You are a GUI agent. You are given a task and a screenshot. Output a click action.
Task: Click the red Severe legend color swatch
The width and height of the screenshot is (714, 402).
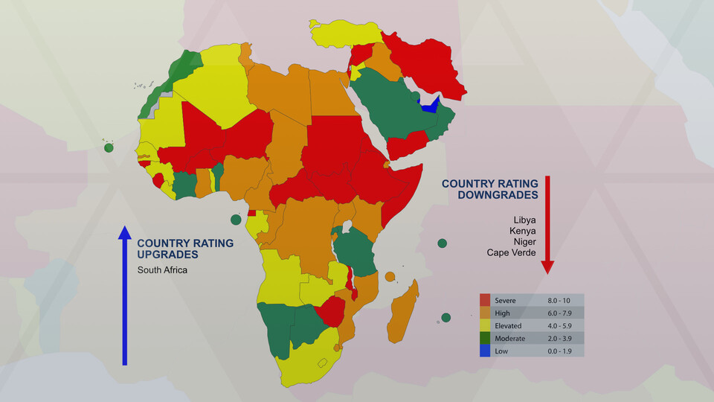pyautogui.click(x=485, y=301)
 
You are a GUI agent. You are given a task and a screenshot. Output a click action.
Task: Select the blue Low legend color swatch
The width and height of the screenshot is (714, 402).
pyautogui.click(x=485, y=351)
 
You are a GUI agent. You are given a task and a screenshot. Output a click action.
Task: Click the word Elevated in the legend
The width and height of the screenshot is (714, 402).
pyautogui.click(x=508, y=326)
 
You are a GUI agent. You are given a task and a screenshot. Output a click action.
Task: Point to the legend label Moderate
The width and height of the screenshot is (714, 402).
pyautogui.click(x=509, y=339)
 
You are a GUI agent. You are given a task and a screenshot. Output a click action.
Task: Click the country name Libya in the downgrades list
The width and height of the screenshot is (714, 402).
pyautogui.click(x=524, y=220)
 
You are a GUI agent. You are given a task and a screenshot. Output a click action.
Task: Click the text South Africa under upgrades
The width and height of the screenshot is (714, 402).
pyautogui.click(x=162, y=269)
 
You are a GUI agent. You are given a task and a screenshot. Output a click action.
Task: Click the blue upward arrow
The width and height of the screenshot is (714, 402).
pyautogui.click(x=125, y=298)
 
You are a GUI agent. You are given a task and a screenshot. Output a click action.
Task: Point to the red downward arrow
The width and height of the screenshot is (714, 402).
pyautogui.click(x=547, y=223)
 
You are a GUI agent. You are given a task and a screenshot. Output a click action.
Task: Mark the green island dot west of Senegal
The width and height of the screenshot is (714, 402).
pyautogui.click(x=109, y=147)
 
